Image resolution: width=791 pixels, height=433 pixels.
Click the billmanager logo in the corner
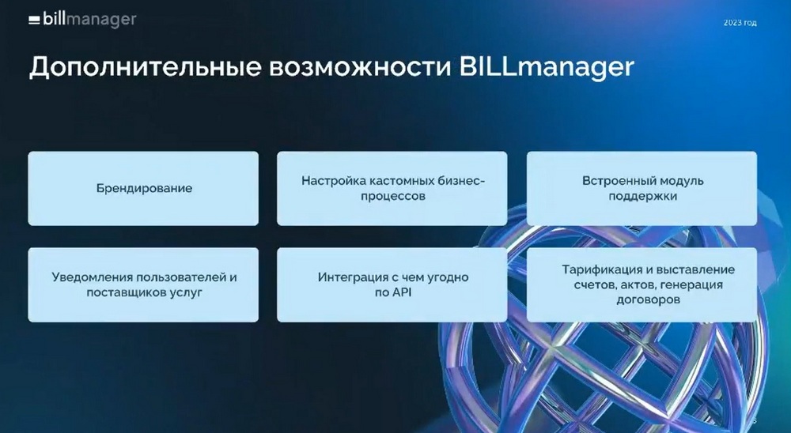tap(82, 19)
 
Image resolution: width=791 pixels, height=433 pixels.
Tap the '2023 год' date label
tap(740, 23)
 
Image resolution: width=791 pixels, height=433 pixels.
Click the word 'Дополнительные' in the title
tap(145, 67)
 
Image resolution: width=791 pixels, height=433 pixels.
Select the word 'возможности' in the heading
tap(360, 68)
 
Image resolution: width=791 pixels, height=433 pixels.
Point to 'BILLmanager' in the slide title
tap(547, 68)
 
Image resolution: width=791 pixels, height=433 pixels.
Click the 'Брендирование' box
tap(143, 189)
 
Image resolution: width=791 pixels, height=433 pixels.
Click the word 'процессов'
tap(393, 196)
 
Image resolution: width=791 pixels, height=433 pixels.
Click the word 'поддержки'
tap(642, 196)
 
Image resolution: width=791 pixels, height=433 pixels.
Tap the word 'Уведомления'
tap(92, 277)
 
